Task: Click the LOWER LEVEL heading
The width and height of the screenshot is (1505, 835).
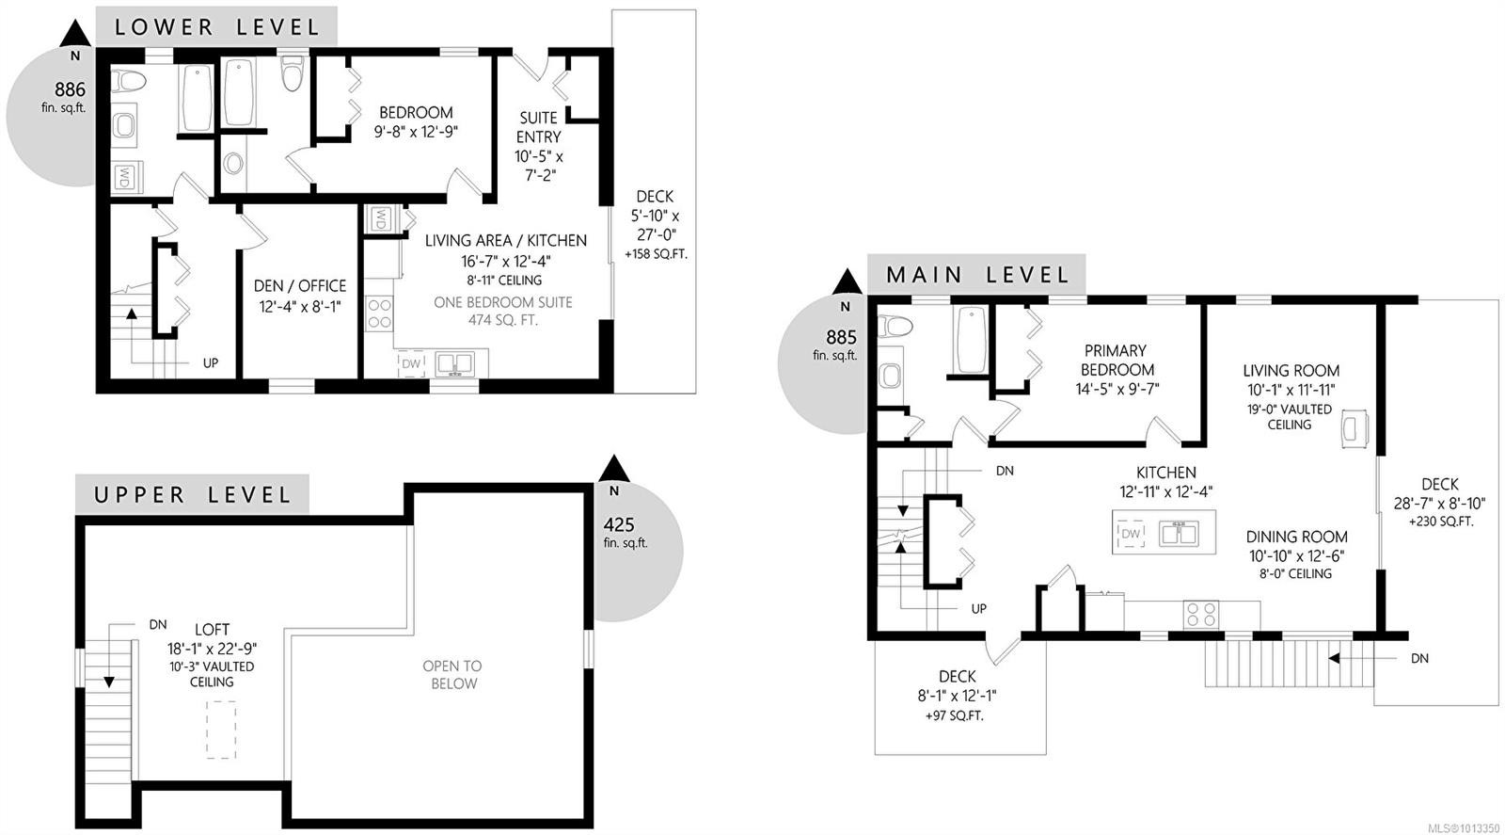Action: (216, 27)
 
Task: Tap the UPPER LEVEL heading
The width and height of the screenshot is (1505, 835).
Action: (192, 495)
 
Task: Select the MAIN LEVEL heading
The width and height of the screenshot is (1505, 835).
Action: (977, 275)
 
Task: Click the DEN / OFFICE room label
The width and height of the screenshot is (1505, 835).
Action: (300, 285)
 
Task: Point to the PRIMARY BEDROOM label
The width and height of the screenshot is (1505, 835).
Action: (1116, 360)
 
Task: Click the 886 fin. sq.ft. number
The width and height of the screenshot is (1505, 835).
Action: (70, 89)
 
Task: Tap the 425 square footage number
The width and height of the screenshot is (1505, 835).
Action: (619, 525)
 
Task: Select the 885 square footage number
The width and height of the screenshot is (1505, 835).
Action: (841, 337)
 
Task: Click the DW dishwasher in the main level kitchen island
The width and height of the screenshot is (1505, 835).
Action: (1131, 534)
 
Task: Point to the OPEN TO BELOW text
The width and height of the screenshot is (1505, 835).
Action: (452, 674)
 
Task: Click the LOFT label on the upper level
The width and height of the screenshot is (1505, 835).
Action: (212, 629)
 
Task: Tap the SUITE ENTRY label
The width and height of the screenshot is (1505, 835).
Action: (538, 127)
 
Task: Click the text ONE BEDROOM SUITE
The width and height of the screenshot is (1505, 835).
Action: (502, 302)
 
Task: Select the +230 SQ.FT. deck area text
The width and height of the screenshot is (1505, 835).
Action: (1440, 522)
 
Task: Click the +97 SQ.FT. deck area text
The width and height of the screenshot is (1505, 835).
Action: (957, 715)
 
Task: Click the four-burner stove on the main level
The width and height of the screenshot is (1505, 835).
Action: (1201, 615)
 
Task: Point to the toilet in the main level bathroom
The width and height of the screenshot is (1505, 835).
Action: (895, 327)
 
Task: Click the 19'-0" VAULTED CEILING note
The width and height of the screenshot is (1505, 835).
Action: (1289, 416)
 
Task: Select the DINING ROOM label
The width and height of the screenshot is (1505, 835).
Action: (1297, 537)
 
